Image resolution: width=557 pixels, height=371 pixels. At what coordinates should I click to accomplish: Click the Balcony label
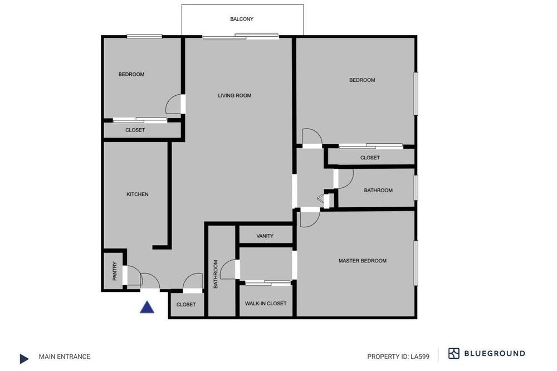click(242, 19)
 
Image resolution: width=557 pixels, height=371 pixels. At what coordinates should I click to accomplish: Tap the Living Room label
click(234, 95)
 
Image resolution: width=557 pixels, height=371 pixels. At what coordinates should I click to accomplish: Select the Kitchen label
click(138, 194)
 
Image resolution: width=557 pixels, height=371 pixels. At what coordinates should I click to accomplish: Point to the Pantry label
click(114, 271)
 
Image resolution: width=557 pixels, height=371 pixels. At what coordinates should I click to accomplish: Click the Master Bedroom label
click(363, 261)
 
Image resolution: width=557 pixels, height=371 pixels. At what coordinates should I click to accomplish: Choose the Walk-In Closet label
click(266, 303)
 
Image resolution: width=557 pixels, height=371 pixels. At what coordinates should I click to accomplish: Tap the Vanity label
click(265, 236)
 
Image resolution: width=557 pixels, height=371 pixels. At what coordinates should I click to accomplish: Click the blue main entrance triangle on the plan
click(147, 307)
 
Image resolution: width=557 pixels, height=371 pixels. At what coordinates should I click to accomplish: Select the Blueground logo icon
click(453, 353)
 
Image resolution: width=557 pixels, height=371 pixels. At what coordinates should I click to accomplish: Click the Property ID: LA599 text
click(398, 357)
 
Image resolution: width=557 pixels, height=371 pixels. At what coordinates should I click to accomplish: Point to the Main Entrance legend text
click(65, 357)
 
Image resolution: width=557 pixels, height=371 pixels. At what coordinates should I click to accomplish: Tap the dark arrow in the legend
click(24, 359)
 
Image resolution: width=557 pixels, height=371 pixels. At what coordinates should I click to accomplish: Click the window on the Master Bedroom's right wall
click(416, 263)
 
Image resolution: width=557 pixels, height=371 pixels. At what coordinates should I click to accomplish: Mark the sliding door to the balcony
click(241, 36)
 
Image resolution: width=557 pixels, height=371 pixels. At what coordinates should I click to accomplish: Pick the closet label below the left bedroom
click(135, 130)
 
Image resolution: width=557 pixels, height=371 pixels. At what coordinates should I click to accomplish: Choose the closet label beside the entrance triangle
click(186, 304)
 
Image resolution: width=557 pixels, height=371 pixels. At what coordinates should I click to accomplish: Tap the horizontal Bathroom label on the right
click(378, 190)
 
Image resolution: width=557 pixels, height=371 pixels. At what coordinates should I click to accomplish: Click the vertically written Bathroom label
click(215, 274)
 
